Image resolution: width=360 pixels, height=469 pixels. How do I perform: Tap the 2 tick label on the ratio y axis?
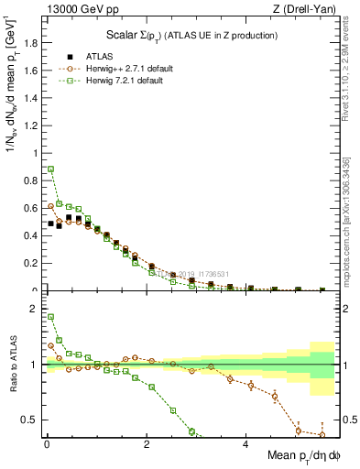[34, 310]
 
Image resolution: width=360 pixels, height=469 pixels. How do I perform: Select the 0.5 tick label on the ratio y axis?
[29, 420]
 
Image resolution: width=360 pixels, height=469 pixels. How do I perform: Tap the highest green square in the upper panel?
[51, 169]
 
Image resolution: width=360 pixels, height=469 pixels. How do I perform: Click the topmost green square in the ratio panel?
[51, 317]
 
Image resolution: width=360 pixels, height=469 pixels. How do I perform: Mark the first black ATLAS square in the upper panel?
[51, 224]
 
